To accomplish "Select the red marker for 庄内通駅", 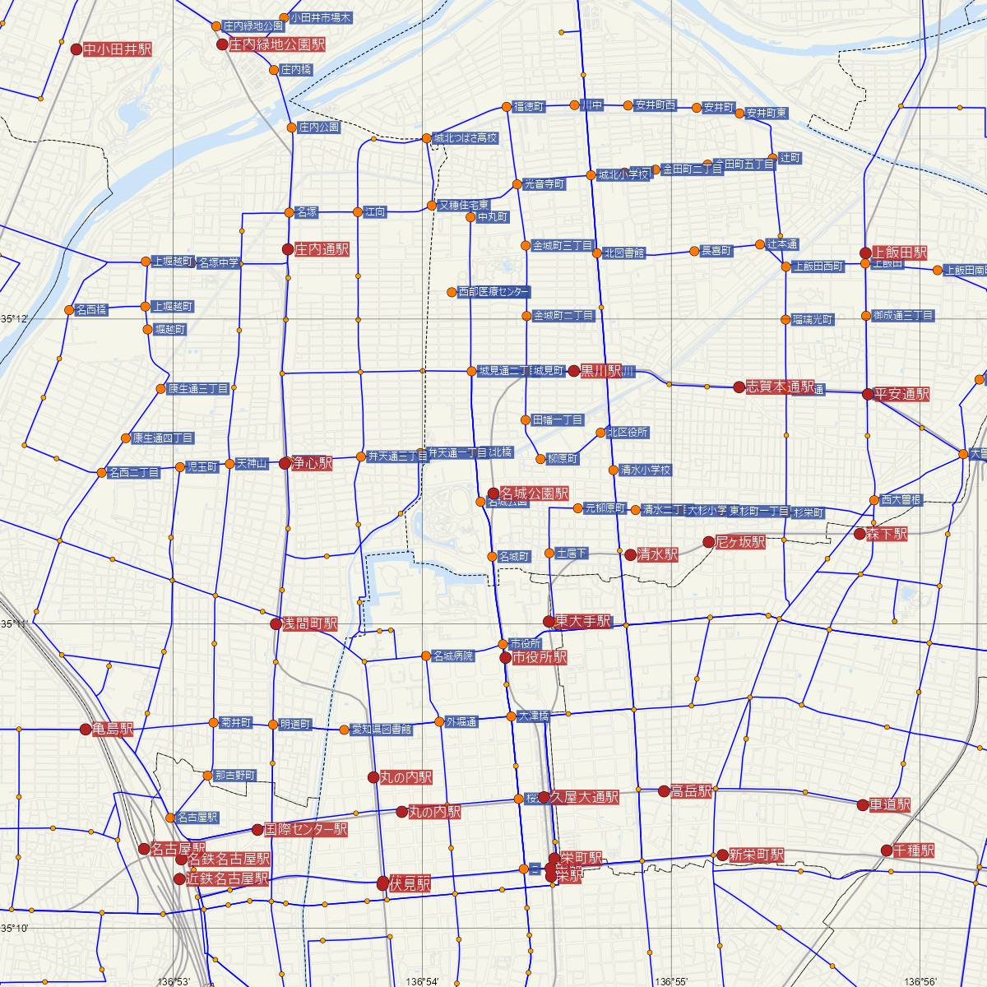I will [287, 248].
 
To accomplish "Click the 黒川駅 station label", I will [601, 371].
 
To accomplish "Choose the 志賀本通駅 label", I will [780, 387].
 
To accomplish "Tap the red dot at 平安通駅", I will [867, 394].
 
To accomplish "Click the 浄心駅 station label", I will [313, 464].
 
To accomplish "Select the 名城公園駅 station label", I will [534, 493].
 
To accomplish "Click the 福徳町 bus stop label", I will [528, 107].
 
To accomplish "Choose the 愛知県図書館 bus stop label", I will [382, 730].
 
